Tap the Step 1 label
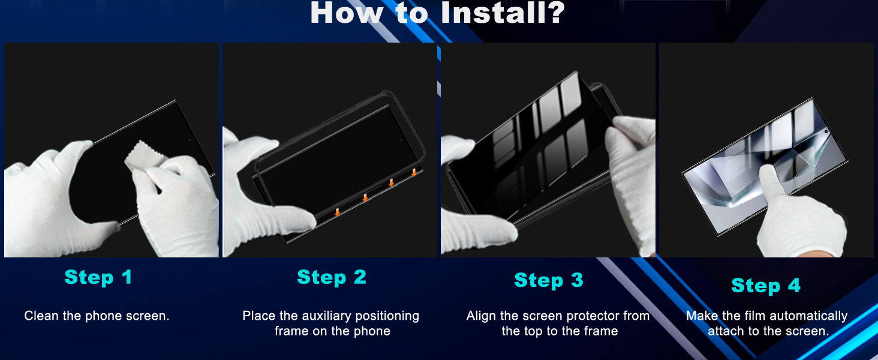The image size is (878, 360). tap(98, 277)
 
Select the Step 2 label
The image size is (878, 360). tap(332, 277)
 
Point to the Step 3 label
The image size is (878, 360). tap(549, 280)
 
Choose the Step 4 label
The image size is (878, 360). tap(766, 286)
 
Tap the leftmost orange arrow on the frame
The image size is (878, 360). tap(338, 211)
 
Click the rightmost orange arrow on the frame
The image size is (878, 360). tap(414, 173)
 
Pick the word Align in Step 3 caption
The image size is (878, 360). tap(481, 316)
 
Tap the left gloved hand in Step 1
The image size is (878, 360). tap(54, 192)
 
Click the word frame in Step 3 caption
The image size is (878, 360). tap(601, 331)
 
